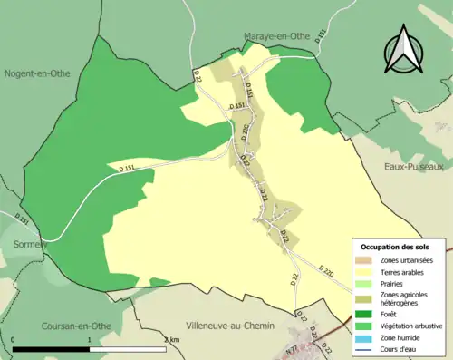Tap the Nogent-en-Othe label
(x=39, y=73)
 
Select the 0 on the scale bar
(x=14, y=339)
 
